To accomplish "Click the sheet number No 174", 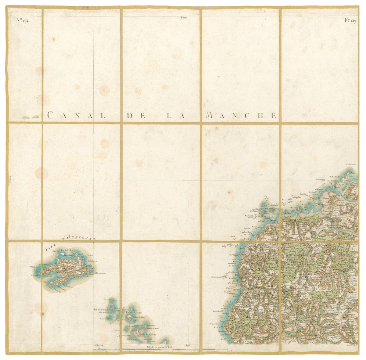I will [22, 20].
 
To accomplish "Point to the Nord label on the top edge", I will [183, 18].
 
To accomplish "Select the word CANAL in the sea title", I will [76, 115].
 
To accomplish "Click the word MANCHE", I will [241, 115].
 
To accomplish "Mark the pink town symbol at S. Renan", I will [311, 322].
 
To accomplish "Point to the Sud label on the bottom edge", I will [187, 345].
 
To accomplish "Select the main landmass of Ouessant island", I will [66, 268].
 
